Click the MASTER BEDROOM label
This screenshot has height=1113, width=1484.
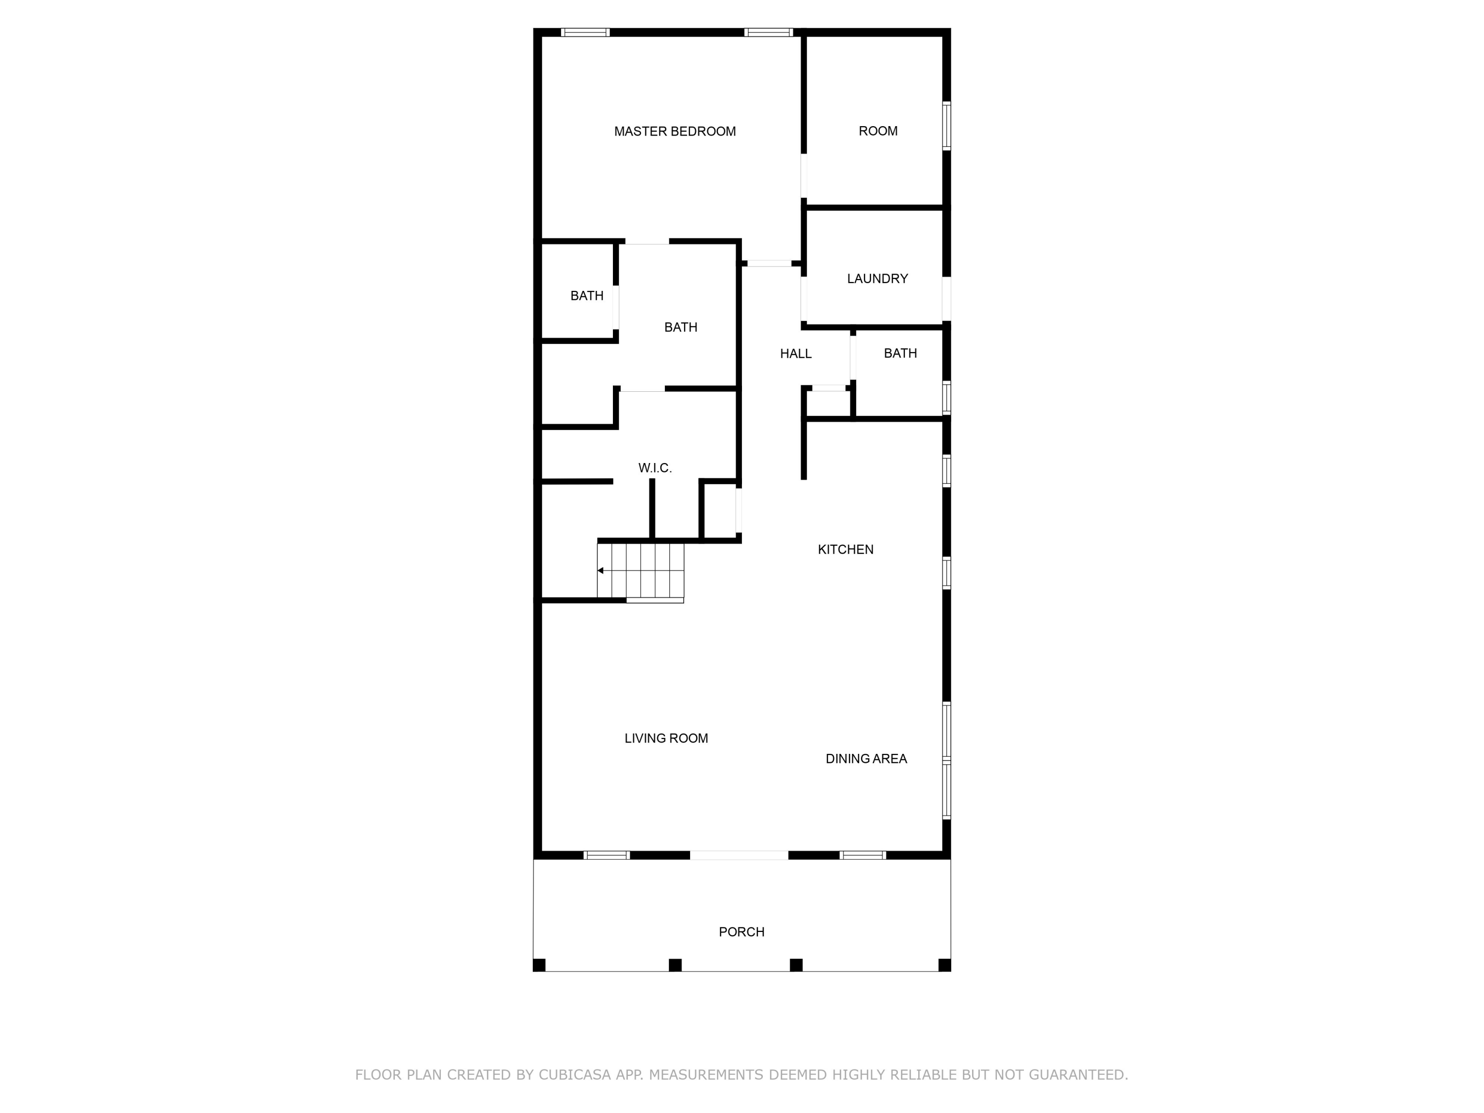pos(675,132)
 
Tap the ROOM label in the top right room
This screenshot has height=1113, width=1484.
pos(878,131)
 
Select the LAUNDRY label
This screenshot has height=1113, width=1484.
pos(877,278)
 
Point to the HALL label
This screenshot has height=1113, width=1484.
pos(795,354)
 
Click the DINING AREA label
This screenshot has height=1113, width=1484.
pos(866,759)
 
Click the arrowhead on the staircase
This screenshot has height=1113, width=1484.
pos(601,571)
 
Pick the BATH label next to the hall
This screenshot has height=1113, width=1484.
pos(900,353)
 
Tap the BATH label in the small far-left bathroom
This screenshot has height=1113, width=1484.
pos(586,296)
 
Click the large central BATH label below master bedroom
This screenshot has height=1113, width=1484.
pos(680,327)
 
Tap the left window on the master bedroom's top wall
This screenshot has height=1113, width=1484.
pos(585,32)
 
